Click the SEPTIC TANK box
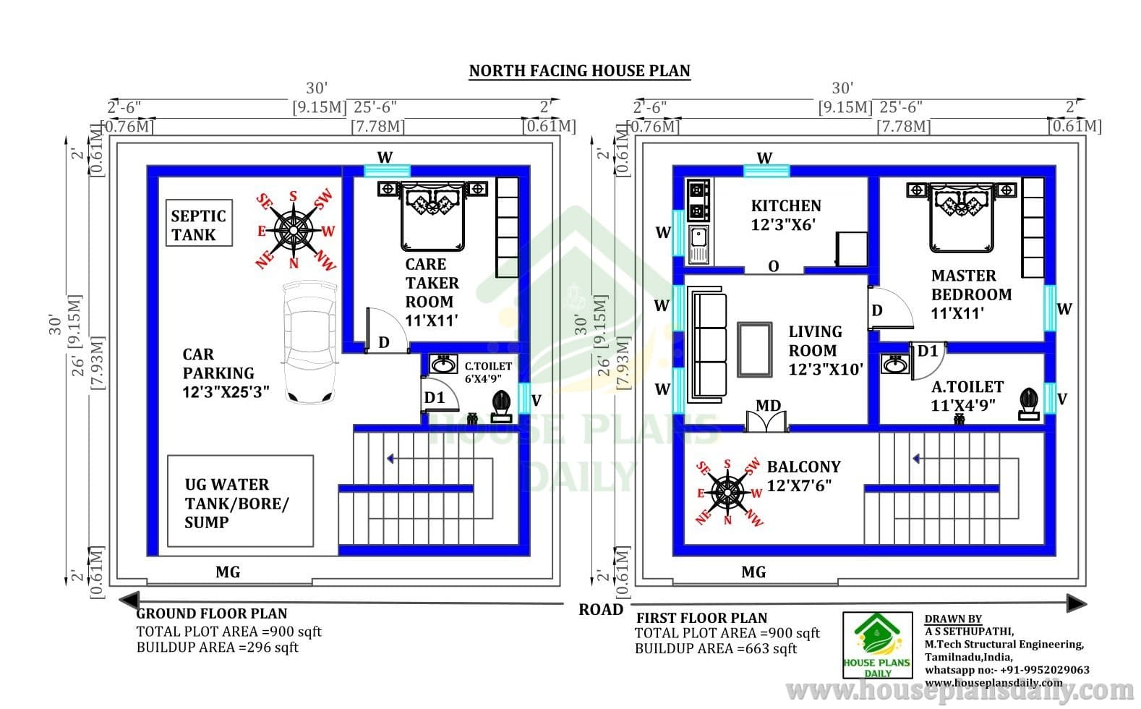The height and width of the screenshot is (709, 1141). (199, 224)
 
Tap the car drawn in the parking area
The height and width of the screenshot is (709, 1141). (309, 342)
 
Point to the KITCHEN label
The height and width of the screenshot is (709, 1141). (786, 215)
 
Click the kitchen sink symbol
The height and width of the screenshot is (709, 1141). (698, 244)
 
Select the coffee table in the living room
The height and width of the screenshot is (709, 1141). (754, 349)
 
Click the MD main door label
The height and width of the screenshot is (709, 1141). (768, 406)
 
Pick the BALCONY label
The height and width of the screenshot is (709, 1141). (803, 475)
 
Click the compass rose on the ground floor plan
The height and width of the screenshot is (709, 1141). (294, 230)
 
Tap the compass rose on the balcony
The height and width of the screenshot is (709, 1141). (727, 492)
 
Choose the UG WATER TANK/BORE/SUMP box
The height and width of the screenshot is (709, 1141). (241, 501)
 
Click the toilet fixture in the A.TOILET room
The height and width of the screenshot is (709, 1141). (1028, 404)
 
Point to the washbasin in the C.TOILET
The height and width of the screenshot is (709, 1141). (443, 364)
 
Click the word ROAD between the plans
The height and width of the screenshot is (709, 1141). (601, 609)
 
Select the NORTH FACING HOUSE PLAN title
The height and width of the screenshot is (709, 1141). (580, 70)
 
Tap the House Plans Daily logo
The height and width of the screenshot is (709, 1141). (878, 645)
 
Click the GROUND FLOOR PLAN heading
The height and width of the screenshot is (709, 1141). (211, 614)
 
